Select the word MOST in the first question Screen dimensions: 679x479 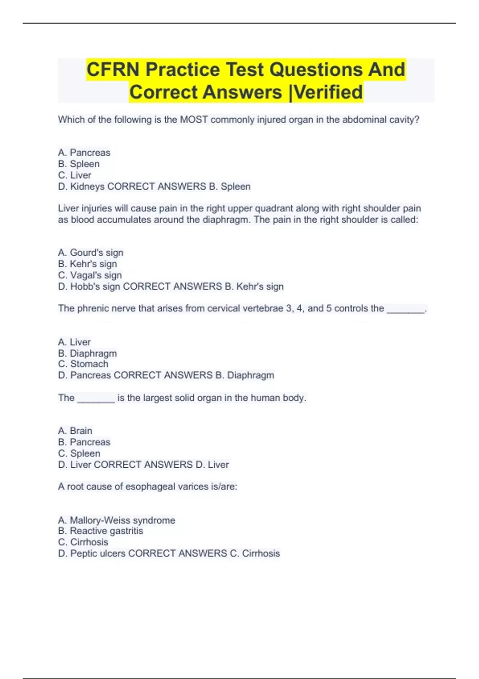[x=194, y=119]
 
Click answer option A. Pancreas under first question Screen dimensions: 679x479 [x=84, y=153]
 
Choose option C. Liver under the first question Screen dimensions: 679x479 [x=75, y=175]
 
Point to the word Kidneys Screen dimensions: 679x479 [x=87, y=187]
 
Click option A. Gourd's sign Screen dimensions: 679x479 [x=91, y=252]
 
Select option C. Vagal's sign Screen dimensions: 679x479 [x=90, y=275]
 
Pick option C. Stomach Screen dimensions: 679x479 [x=83, y=364]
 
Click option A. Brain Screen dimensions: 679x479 [x=75, y=431]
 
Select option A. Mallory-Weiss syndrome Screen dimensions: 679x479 [x=117, y=520]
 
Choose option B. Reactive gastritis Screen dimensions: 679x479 [x=101, y=531]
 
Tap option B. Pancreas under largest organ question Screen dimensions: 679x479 [x=84, y=442]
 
